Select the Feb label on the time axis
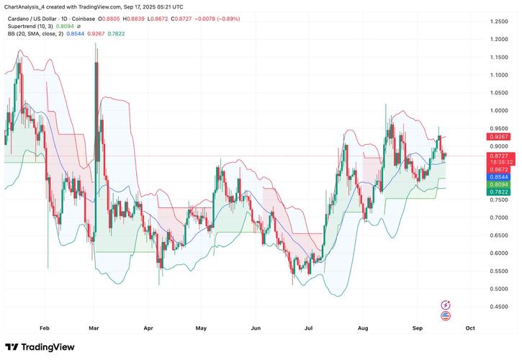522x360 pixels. pyautogui.click(x=45, y=327)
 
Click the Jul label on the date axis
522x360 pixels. pyautogui.click(x=310, y=327)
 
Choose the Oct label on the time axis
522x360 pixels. pyautogui.click(x=470, y=327)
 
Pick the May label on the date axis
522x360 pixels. pyautogui.click(x=202, y=327)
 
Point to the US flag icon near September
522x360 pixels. pyautogui.click(x=446, y=316)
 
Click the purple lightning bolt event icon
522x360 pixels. pyautogui.click(x=446, y=305)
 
